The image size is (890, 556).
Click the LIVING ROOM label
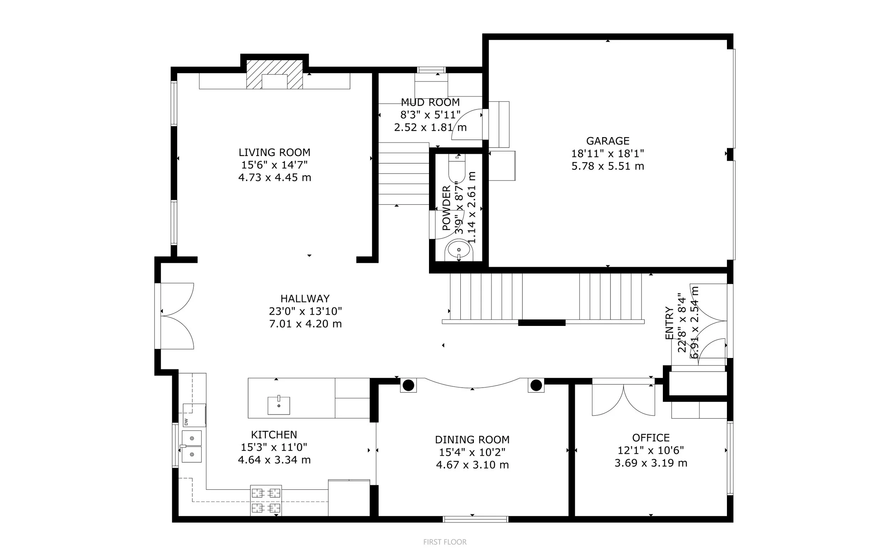pos(274,152)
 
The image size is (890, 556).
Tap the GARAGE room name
pos(608,141)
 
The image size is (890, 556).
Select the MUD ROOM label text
pos(430,102)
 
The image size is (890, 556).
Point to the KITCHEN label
pos(274,435)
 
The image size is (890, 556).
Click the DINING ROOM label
pos(472,440)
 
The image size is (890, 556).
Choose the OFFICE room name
pos(651,438)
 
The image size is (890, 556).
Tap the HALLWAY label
pos(305,298)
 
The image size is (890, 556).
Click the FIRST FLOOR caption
pos(445,542)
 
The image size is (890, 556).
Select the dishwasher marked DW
pos(194,415)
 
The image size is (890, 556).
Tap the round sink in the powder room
pos(459,250)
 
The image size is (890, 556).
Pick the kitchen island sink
pos(278,405)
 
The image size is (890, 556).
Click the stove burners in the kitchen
pos(266,500)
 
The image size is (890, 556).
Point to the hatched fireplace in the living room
pos(274,75)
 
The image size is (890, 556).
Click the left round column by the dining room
pos(408,385)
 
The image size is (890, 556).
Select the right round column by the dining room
pos(536,385)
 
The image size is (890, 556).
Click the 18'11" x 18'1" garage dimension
pos(608,154)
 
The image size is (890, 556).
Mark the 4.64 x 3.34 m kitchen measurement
pos(274,460)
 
